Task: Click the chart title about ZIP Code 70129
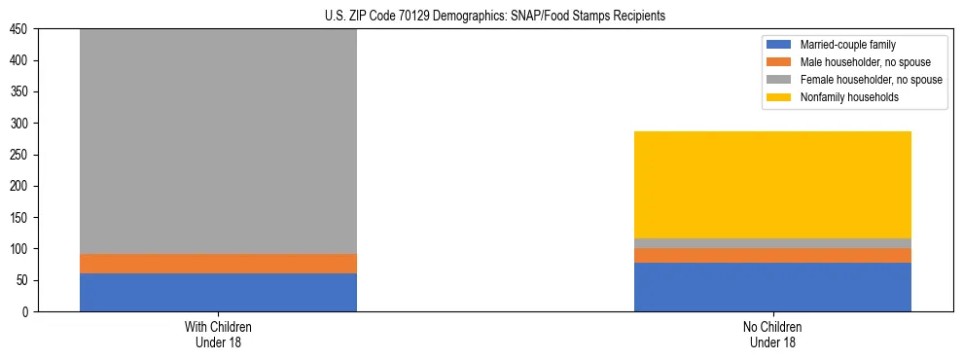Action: [x=495, y=17]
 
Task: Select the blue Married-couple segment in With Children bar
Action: [x=218, y=292]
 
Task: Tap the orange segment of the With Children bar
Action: [x=218, y=264]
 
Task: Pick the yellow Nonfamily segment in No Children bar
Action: [x=772, y=185]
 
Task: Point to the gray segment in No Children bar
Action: [x=772, y=243]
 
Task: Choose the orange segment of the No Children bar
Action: [x=772, y=255]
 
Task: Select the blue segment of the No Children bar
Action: [x=772, y=287]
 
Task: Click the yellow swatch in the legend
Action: [x=780, y=97]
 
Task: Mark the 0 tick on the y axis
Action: [x=27, y=311]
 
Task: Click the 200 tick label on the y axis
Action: [x=21, y=186]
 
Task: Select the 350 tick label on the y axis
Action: [x=21, y=92]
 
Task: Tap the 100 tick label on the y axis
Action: [x=21, y=249]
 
